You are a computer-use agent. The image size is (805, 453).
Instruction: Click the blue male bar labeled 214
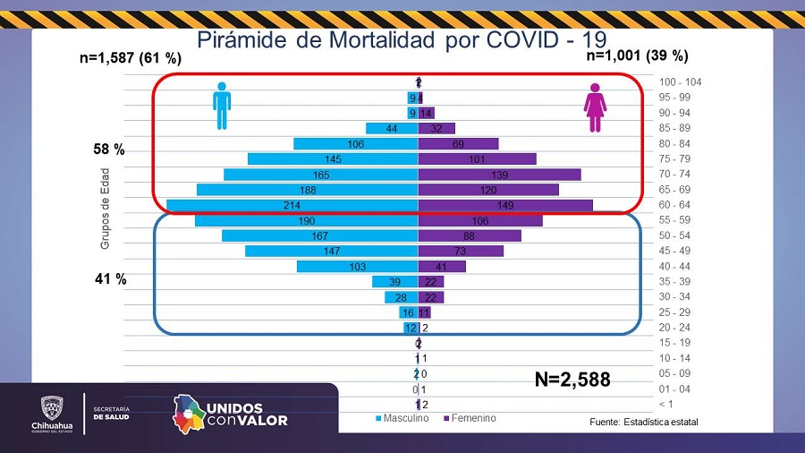tap(292, 205)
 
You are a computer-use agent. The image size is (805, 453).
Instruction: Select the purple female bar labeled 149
tap(505, 205)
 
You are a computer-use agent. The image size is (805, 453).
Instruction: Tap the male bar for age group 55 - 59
tap(307, 220)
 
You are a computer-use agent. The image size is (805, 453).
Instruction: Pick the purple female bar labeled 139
tap(499, 175)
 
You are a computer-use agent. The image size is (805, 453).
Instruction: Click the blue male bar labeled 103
tap(358, 266)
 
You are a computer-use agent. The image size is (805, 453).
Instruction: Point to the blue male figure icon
tap(222, 106)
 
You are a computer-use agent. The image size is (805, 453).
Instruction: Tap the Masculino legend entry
tap(402, 418)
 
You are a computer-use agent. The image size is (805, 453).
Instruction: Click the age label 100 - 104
tap(681, 82)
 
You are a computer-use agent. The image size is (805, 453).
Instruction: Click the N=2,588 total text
tap(572, 380)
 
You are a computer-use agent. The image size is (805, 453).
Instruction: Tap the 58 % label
tap(109, 150)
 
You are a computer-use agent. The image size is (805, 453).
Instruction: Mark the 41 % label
tap(110, 279)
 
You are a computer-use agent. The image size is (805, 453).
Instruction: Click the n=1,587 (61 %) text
tap(131, 59)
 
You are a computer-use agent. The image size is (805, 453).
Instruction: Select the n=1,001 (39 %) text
tap(637, 56)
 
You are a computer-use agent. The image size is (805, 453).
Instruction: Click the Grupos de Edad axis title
tap(105, 208)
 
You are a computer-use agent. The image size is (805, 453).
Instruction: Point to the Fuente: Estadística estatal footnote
tap(643, 422)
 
